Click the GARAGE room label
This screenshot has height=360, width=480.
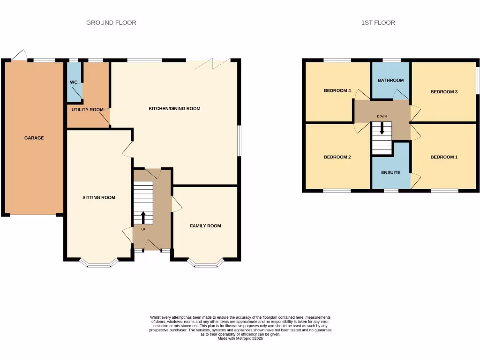[34, 138]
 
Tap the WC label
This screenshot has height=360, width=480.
[74, 82]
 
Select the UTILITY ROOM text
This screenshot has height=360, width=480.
[87, 110]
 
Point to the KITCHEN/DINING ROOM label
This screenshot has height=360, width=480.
[174, 109]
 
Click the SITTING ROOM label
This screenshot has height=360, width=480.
[99, 198]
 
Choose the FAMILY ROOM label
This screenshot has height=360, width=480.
[205, 226]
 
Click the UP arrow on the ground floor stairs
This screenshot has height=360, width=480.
[143, 217]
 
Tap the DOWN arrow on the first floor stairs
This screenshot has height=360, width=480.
[382, 128]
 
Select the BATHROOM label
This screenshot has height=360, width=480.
[391, 81]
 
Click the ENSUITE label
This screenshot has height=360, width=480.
[390, 172]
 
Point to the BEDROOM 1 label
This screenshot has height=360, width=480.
[444, 157]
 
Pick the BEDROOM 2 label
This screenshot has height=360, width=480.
[337, 157]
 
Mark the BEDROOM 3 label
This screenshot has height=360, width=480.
[444, 92]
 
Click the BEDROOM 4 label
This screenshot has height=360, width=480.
[337, 91]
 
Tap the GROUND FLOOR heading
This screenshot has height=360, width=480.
[111, 22]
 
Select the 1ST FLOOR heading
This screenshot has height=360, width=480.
[378, 22]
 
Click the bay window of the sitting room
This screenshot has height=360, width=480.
[98, 264]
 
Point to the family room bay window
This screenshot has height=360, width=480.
[206, 264]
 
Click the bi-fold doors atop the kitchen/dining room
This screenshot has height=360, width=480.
[208, 61]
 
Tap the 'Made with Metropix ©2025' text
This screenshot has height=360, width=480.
[240, 338]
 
